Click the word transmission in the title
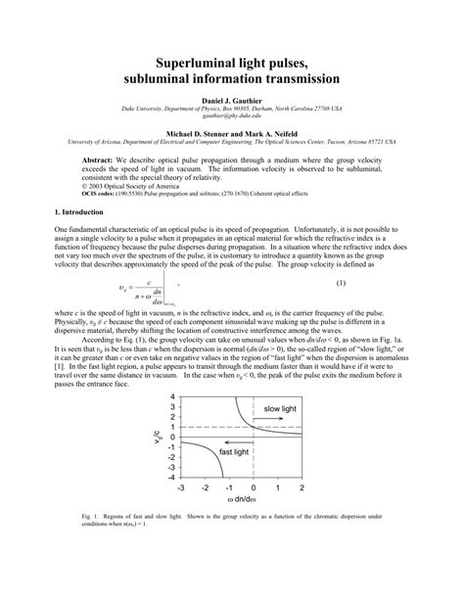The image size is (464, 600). point(292,75)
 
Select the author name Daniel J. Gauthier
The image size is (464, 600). point(232,100)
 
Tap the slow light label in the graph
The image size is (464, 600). point(284,407)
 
